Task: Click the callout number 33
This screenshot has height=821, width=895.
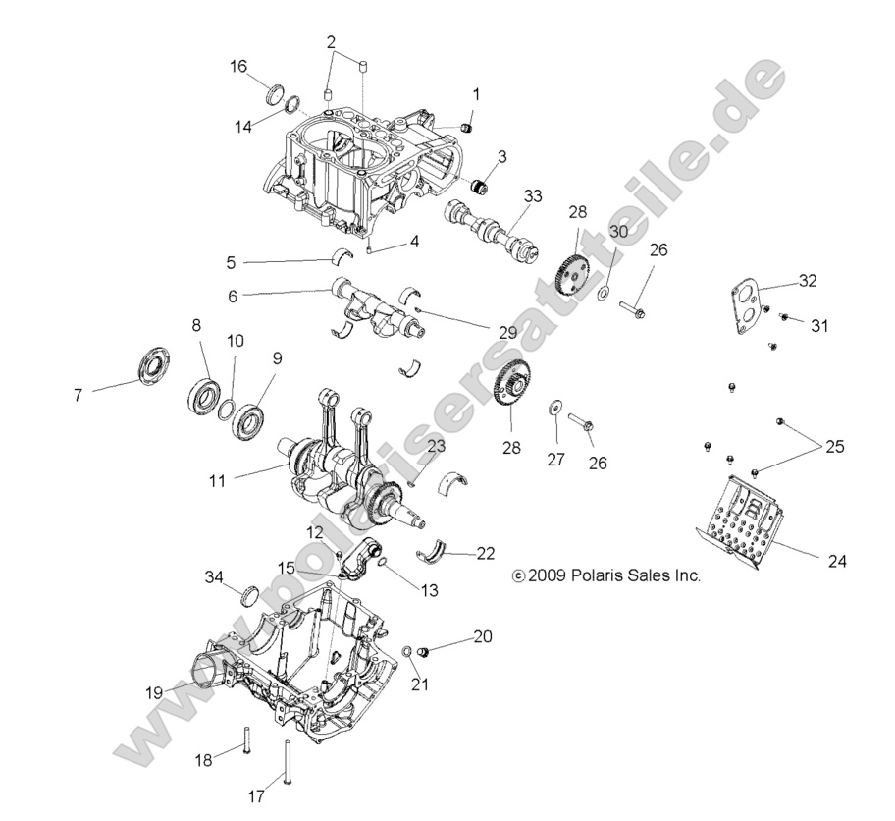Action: (x=532, y=196)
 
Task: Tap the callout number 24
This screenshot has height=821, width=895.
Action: (x=836, y=562)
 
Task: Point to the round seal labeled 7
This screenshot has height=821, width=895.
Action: (x=155, y=363)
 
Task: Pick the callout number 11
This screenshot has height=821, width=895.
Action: (x=218, y=480)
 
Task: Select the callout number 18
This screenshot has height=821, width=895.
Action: (x=203, y=761)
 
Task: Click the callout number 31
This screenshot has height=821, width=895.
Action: (x=819, y=326)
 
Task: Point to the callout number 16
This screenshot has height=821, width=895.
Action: (x=238, y=66)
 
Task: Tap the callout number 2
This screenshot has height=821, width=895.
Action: (x=331, y=41)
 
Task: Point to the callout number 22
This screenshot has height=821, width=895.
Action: (x=485, y=553)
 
